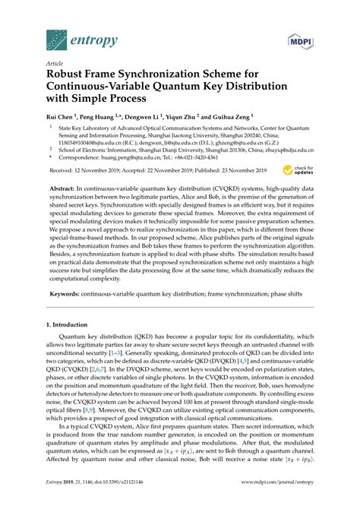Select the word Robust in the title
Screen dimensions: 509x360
pyautogui.click(x=69, y=77)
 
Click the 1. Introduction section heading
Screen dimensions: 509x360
pyautogui.click(x=72, y=324)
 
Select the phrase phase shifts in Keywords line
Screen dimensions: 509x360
pyautogui.click(x=272, y=292)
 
